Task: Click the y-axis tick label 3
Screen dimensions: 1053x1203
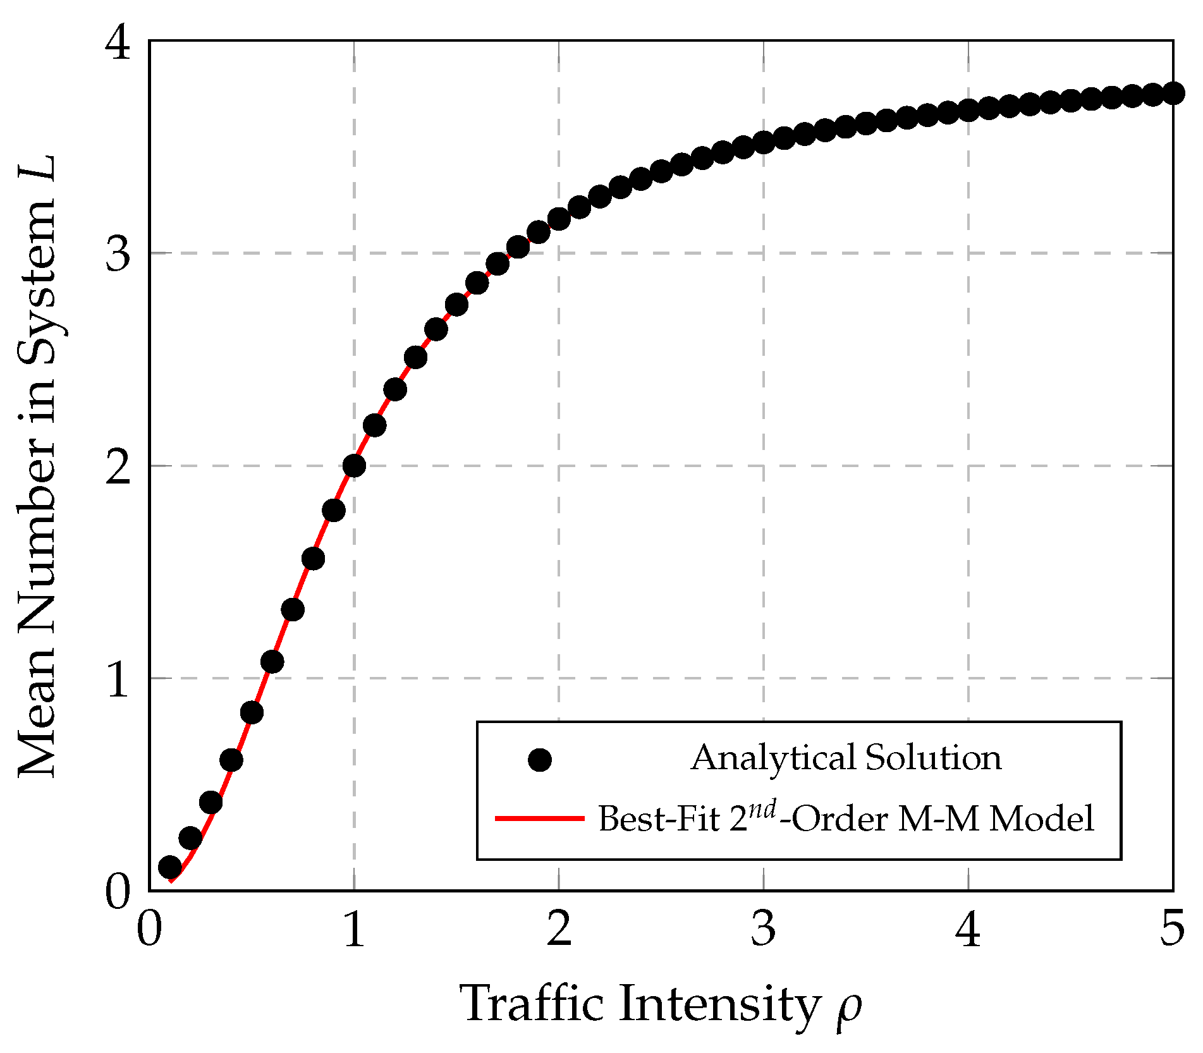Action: tap(118, 254)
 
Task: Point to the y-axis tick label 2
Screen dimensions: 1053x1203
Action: tap(118, 467)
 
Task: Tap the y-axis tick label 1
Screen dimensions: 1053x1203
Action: tap(118, 679)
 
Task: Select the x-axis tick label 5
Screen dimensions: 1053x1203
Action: tap(1172, 928)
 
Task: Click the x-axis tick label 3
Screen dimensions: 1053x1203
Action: tap(764, 928)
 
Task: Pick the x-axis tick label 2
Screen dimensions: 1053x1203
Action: tap(559, 928)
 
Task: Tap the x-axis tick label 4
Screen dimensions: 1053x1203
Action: tap(968, 928)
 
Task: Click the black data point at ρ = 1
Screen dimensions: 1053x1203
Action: tap(354, 466)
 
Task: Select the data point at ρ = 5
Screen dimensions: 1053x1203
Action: tap(1173, 94)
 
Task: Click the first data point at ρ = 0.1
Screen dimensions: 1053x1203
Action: tap(169, 867)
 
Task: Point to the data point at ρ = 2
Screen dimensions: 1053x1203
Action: tap(559, 219)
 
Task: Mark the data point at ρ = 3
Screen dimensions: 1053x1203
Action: tap(764, 142)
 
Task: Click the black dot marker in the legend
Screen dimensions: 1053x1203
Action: tap(539, 760)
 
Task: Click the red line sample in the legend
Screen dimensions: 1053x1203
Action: tap(539, 819)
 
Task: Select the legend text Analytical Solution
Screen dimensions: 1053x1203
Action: tap(846, 758)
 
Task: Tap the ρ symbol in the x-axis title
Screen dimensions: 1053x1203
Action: tap(849, 1007)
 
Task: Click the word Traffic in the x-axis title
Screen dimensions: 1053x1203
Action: tap(533, 1003)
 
